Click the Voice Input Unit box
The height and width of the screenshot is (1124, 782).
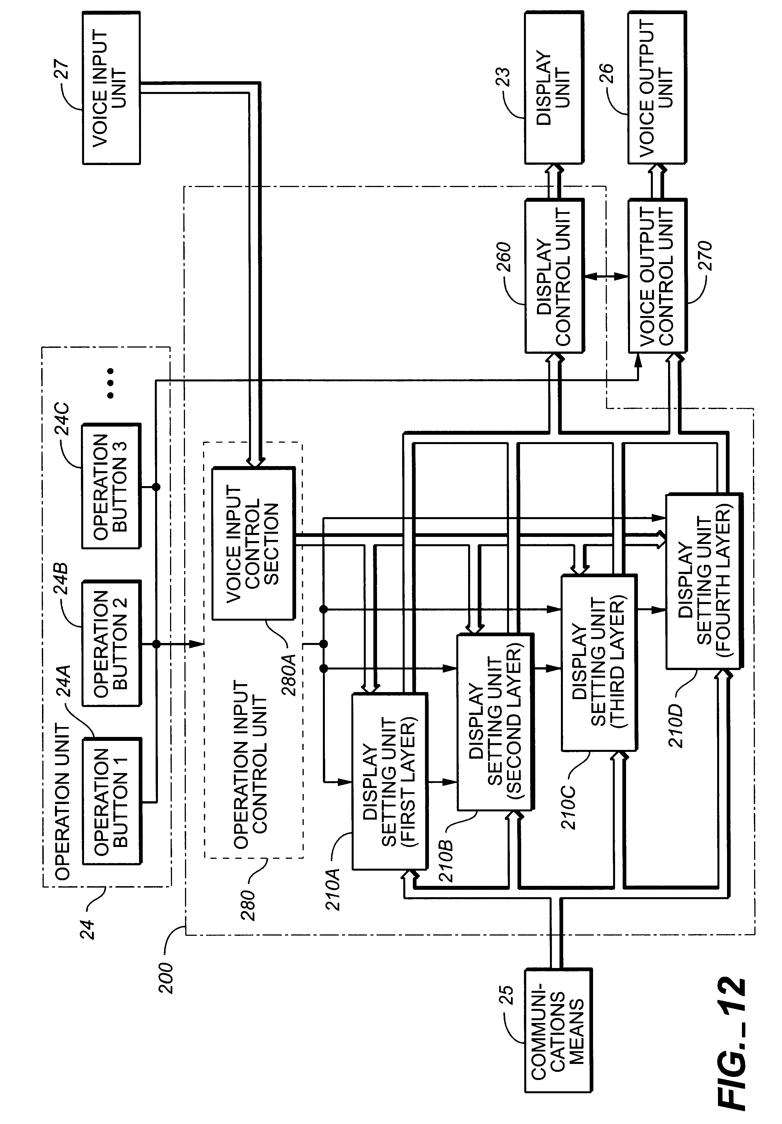111,88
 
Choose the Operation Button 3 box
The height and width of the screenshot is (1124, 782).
111,486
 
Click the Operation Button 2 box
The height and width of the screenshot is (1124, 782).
111,643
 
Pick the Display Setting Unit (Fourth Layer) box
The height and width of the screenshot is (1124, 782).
704,581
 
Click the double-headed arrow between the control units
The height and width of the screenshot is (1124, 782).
606,276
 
